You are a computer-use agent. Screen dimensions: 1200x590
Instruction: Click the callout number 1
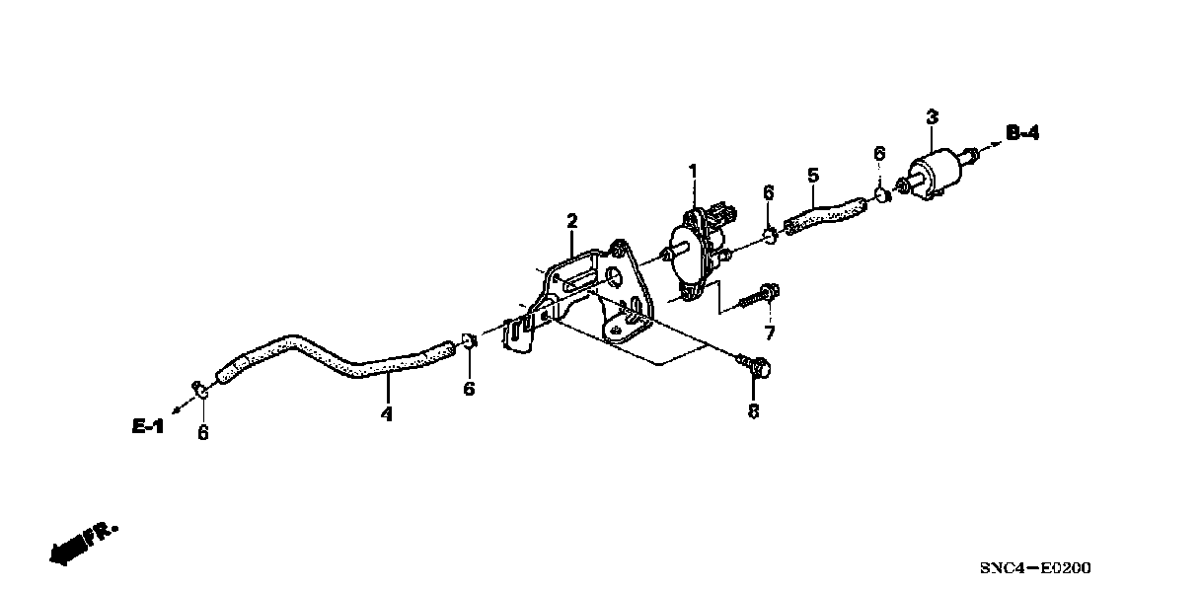tap(692, 172)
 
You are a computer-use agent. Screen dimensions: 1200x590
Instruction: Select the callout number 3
tap(932, 117)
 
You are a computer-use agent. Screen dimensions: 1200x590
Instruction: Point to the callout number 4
tap(387, 414)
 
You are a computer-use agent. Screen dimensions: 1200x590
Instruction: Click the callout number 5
tap(812, 176)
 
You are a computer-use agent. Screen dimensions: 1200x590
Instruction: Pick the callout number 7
tap(770, 332)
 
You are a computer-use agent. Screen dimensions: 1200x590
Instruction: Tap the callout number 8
tap(754, 411)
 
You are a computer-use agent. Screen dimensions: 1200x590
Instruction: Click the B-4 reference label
tap(1022, 132)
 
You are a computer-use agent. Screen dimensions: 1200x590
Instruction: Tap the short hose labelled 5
tap(824, 211)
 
